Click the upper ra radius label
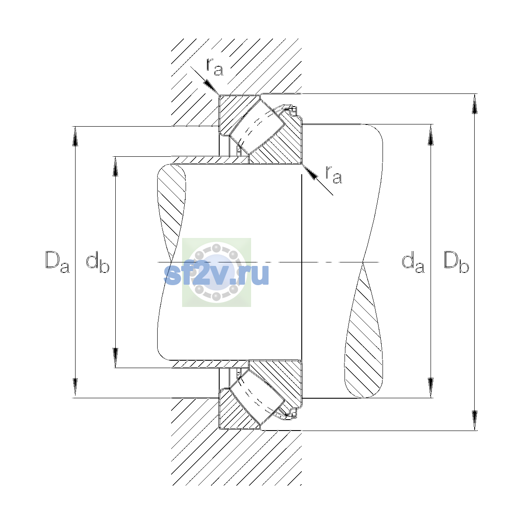214,67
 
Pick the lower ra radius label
334,174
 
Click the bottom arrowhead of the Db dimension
475,421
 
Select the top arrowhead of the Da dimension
75,136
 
